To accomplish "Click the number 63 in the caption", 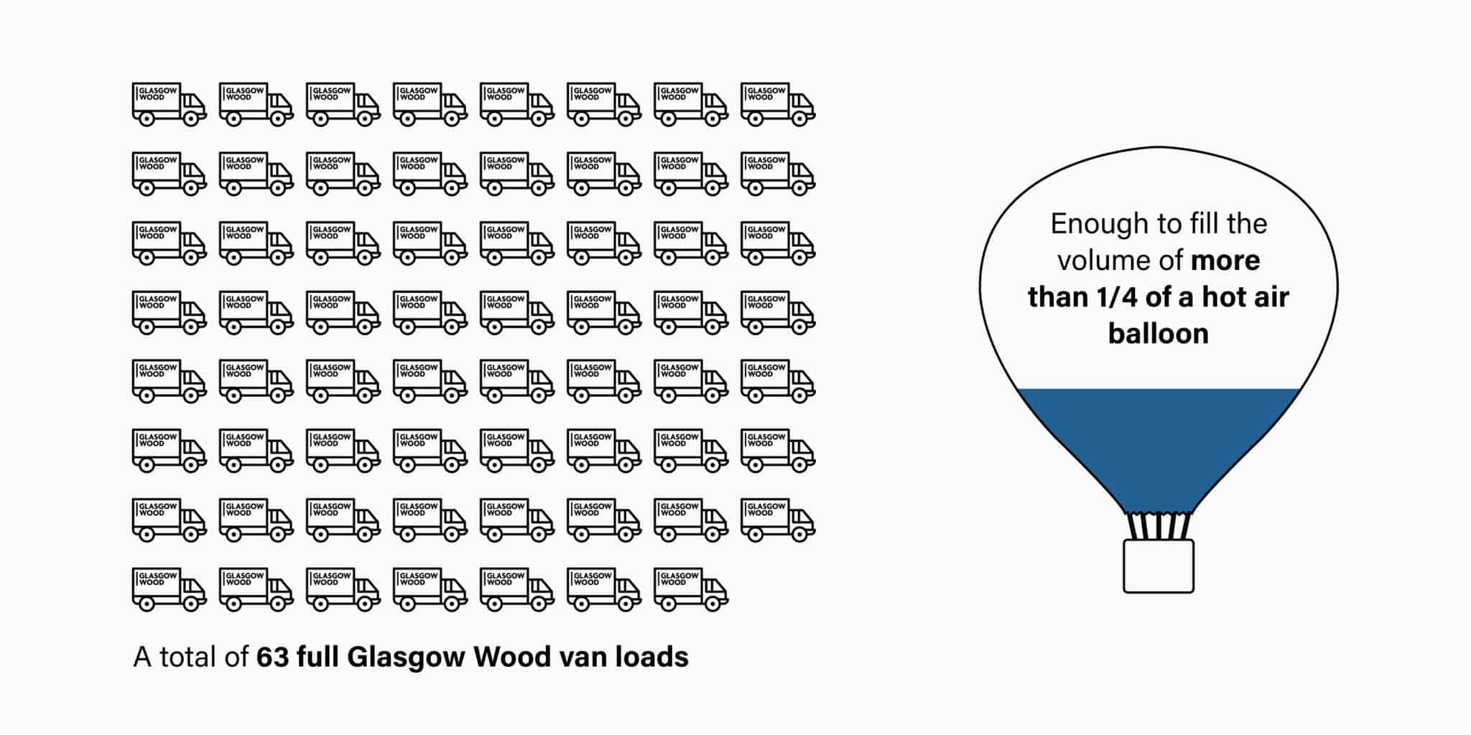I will point(272,657).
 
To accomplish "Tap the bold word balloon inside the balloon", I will point(1158,333).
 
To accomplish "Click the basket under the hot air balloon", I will point(1158,566).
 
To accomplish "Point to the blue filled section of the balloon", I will point(1158,445).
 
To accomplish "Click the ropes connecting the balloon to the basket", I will point(1158,526).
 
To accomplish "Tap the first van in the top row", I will point(169,104).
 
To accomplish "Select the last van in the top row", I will point(777,104).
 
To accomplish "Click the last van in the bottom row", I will point(690,589).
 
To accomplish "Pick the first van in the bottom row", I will point(169,589).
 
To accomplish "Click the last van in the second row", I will point(777,174).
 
